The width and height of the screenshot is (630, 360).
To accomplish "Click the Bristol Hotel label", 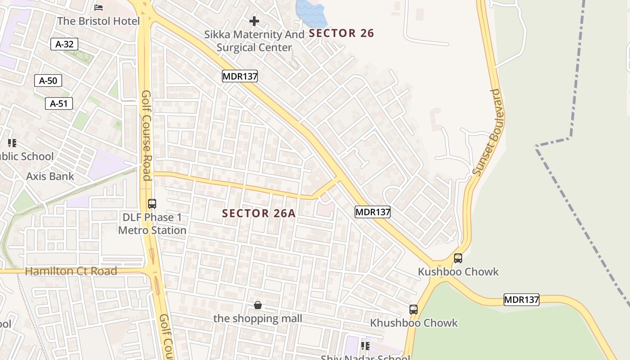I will (99, 21).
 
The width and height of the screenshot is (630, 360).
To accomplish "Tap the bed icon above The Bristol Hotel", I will (99, 7).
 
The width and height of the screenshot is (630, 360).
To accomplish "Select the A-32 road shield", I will (64, 44).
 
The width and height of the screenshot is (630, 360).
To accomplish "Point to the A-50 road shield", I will (48, 81).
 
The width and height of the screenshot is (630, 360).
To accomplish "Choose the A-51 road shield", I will (59, 104).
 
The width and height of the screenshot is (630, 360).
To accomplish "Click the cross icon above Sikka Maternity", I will (254, 21).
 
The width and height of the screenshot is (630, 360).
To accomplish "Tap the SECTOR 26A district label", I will (259, 213).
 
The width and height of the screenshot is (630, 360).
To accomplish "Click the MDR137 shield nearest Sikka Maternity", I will (240, 76).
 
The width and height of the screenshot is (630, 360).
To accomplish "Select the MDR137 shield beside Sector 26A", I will (372, 212).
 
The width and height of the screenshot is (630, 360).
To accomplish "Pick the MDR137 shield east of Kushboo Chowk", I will (521, 300).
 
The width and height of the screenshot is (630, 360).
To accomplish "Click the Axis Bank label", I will (50, 176).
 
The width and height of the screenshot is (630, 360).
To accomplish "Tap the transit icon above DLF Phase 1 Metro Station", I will (152, 203).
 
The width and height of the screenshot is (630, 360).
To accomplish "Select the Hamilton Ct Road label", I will (71, 271).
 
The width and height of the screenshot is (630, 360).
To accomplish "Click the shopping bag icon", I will (258, 306).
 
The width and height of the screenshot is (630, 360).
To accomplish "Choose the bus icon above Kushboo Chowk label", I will (458, 258).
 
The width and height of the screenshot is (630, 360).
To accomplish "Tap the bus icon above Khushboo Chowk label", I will (414, 310).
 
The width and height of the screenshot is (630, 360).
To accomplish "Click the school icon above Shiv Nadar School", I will (365, 346).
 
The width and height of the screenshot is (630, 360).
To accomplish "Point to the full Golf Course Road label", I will (147, 135).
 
